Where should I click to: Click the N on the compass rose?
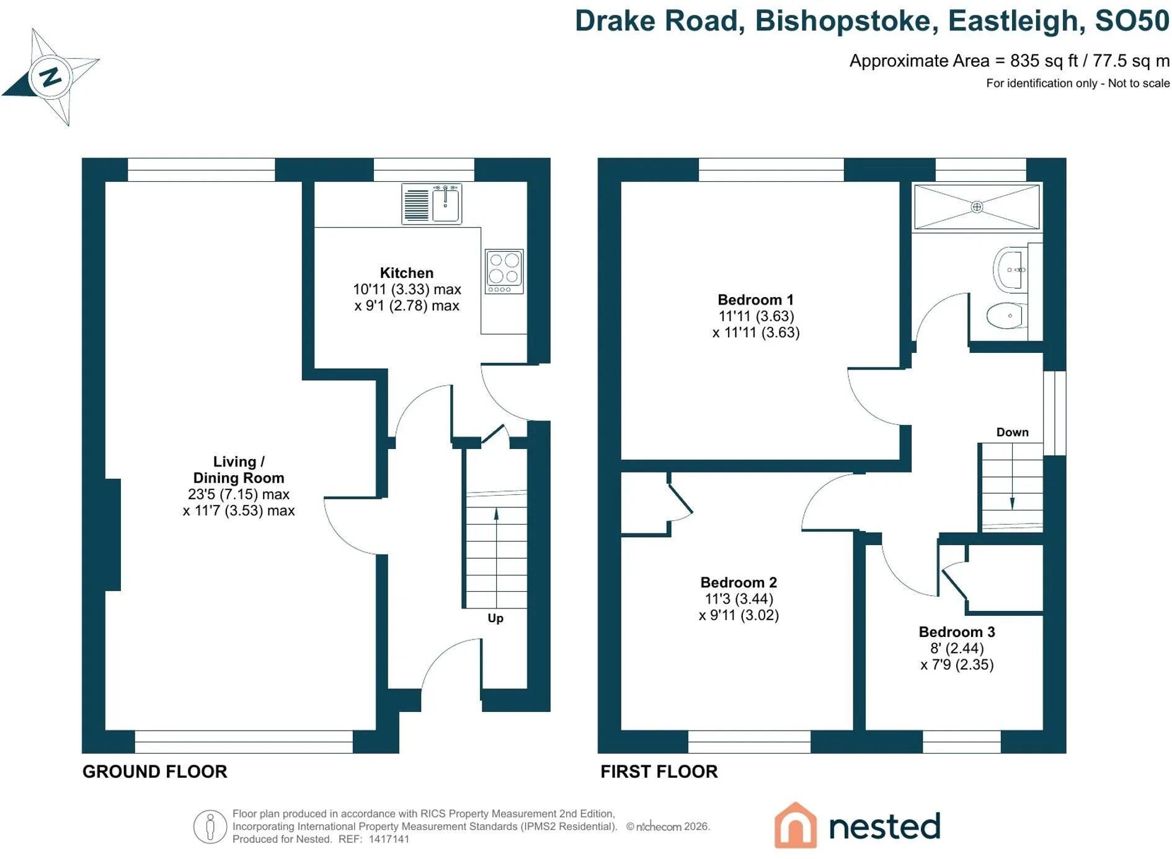click(50, 76)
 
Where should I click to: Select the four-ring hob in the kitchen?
click(504, 271)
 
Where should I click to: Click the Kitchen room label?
click(407, 273)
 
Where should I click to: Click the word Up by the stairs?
click(495, 618)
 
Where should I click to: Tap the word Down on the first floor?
click(1013, 432)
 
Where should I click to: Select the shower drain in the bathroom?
click(977, 207)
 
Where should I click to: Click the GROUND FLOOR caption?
click(155, 772)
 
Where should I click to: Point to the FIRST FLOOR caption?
click(659, 772)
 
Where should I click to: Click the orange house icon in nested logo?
click(796, 825)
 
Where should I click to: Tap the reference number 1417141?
click(389, 839)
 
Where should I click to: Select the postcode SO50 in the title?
click(1132, 20)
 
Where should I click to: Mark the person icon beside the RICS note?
click(210, 827)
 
